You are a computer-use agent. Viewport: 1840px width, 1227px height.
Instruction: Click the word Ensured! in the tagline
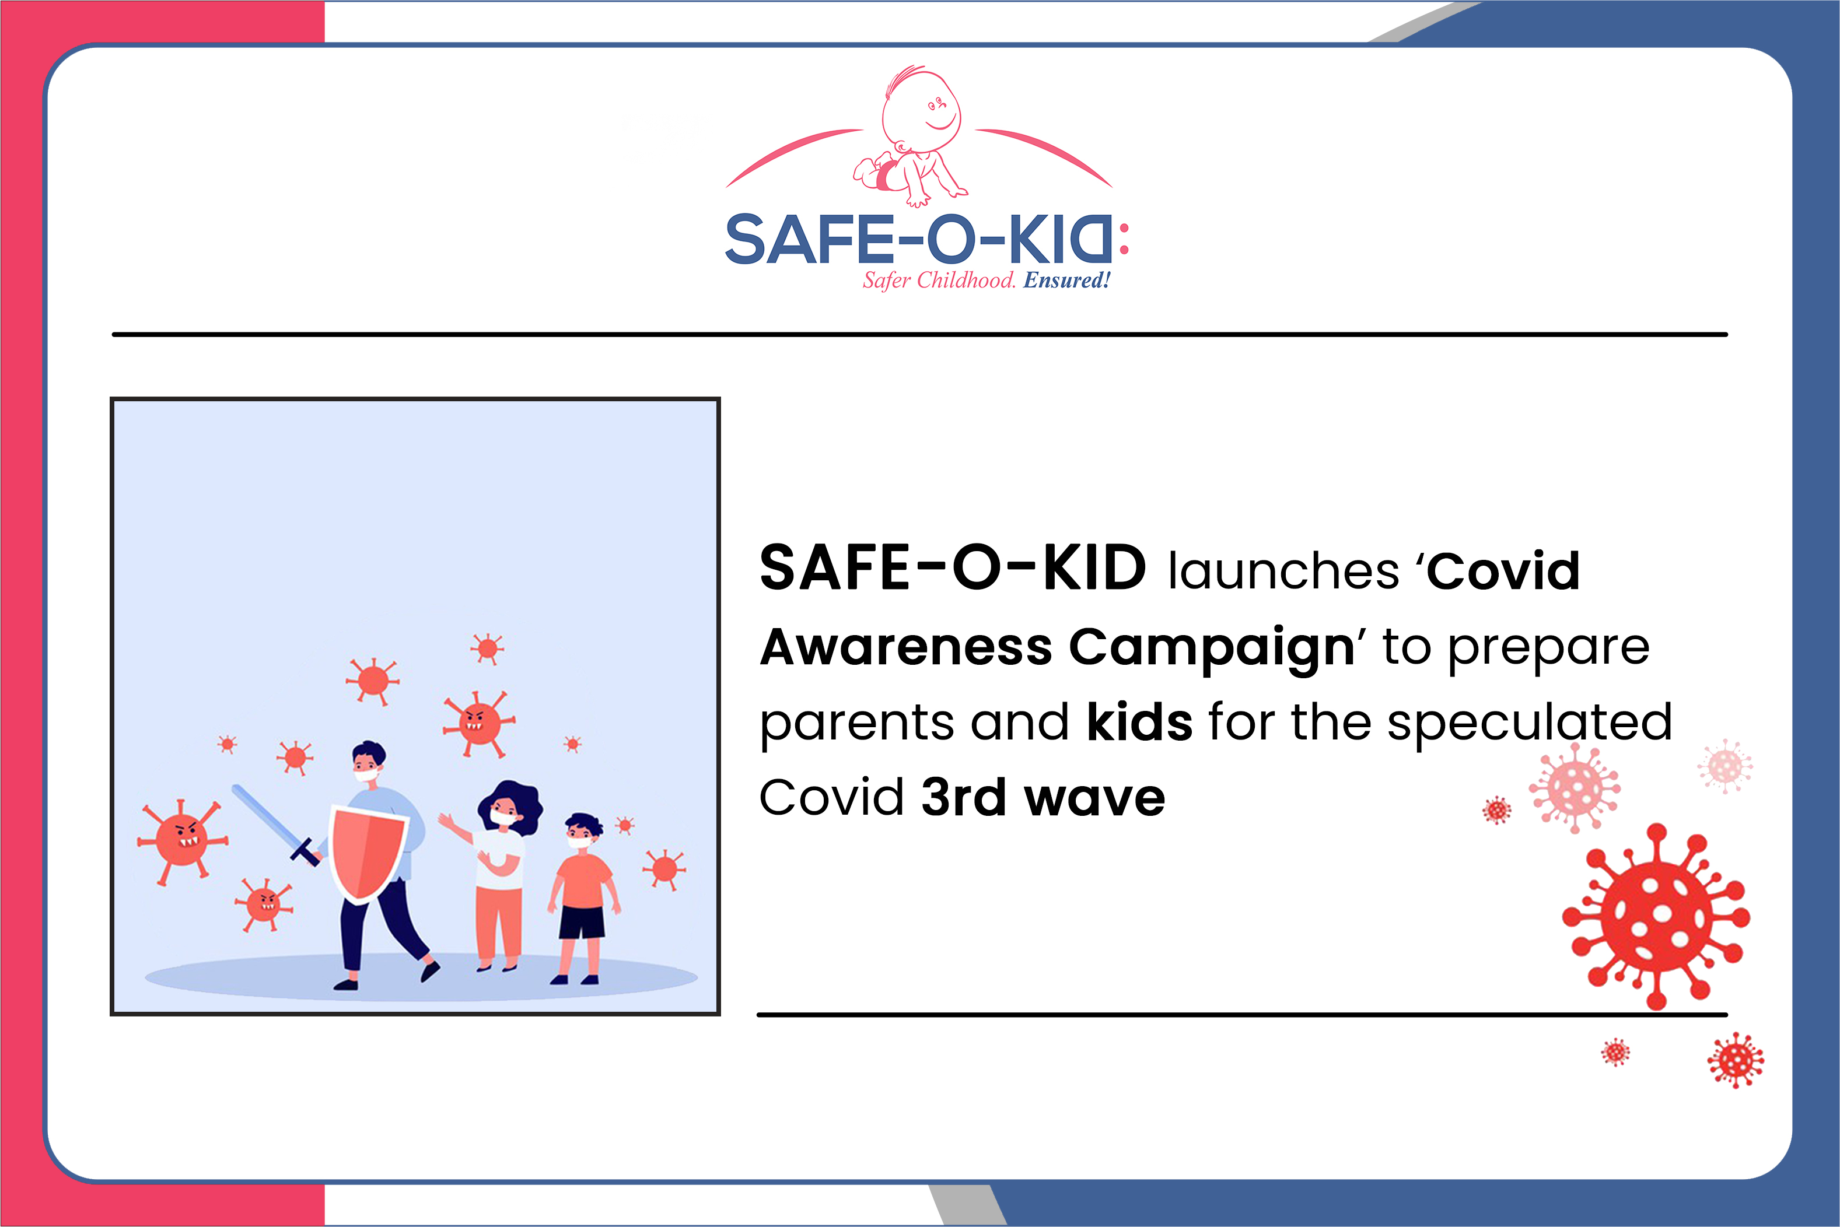1067,280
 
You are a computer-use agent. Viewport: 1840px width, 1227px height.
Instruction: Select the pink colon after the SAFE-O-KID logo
1124,239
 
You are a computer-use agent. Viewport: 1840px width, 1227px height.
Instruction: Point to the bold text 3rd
963,797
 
